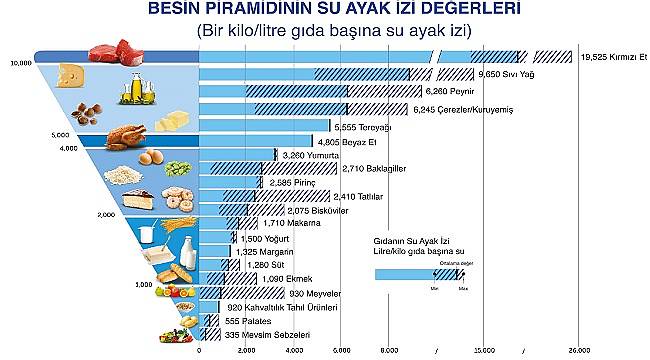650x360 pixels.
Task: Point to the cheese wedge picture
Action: tap(70, 75)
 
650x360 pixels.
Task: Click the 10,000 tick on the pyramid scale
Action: tap(19, 62)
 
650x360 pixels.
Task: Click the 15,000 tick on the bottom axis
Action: tap(484, 351)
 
